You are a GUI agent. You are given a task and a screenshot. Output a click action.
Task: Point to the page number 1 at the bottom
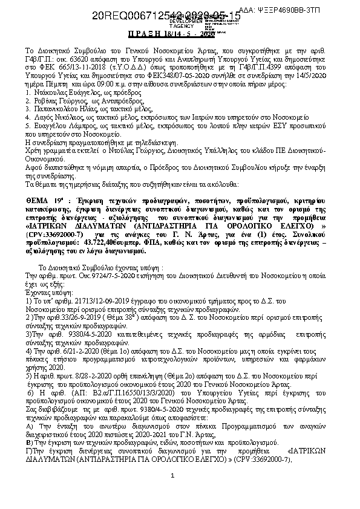pyautogui.click(x=172, y=492)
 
